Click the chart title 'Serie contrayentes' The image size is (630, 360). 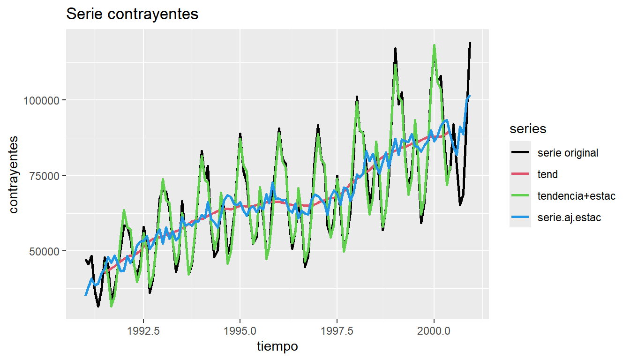coord(132,14)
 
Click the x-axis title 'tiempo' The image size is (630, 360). coord(277,346)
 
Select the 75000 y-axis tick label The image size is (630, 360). coord(45,176)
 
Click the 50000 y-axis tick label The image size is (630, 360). coord(45,251)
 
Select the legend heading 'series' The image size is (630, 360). coord(528,129)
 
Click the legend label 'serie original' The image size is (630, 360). coord(568,153)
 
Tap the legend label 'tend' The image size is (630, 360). coord(547,174)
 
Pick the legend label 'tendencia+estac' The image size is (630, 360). coord(576,196)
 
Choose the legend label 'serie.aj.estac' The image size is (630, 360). coord(569,217)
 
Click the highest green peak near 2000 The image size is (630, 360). coord(435,45)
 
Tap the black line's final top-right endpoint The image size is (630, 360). coord(470,43)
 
